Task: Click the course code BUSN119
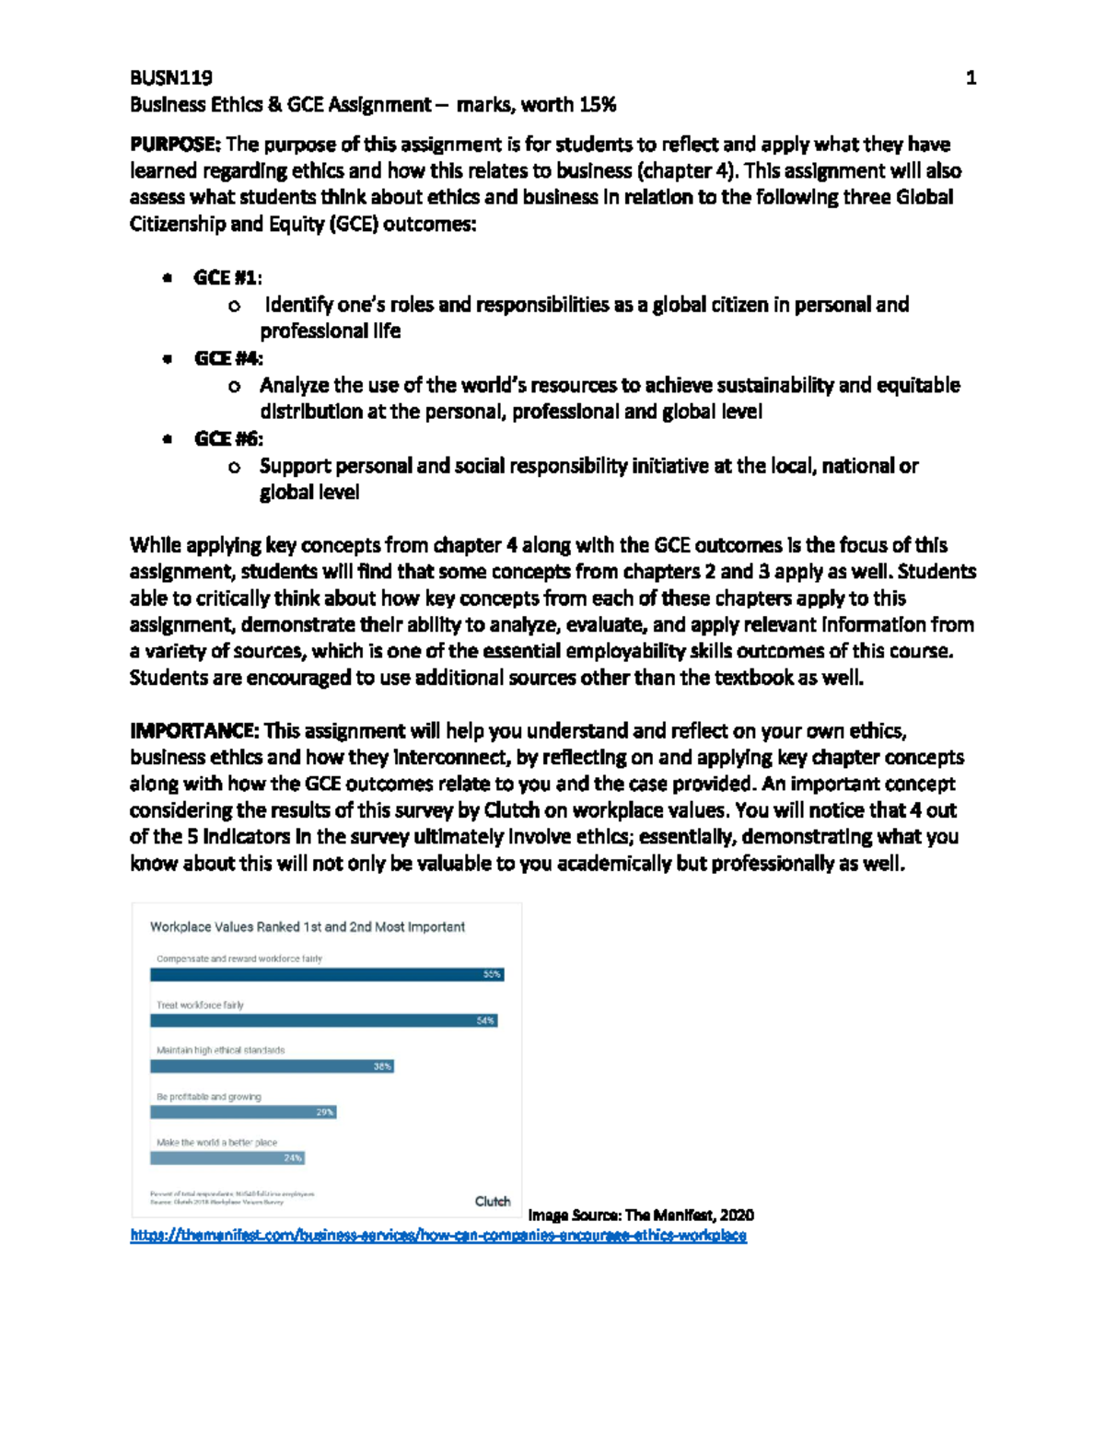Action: [170, 77]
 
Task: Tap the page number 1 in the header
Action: [970, 78]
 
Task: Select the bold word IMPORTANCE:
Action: [194, 731]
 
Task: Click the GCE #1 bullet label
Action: [227, 277]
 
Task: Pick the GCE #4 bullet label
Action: [228, 358]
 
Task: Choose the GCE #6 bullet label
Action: [228, 439]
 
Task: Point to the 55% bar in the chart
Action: [327, 974]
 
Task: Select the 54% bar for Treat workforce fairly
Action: [323, 1020]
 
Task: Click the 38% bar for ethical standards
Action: [272, 1066]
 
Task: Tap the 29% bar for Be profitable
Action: [243, 1112]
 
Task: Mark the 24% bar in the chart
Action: [227, 1158]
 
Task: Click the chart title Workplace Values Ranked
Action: [307, 927]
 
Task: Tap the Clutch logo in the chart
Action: [492, 1202]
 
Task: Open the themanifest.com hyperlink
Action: [438, 1236]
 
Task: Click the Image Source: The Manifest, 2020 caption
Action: [640, 1215]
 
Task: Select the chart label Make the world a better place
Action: [216, 1143]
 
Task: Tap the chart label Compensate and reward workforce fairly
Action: [238, 959]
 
